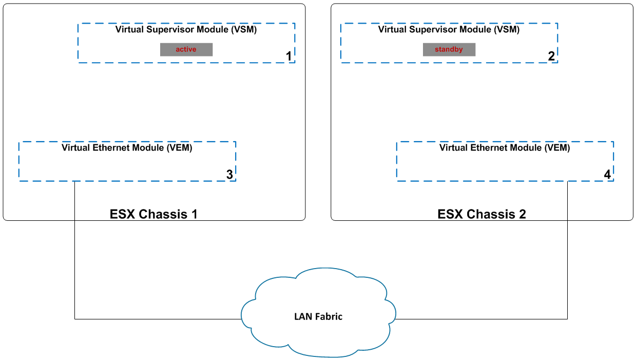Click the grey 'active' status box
186,49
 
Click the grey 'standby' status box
449,49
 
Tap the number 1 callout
289,56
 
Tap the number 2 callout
551,56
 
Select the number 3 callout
229,175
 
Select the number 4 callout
607,175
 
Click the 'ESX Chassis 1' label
153,214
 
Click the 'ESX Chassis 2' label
481,214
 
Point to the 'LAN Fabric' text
318,316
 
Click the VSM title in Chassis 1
186,30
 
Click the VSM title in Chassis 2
449,30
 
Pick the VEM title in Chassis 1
127,148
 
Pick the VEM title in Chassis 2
505,148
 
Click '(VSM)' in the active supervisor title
243,30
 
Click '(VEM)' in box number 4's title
557,148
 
